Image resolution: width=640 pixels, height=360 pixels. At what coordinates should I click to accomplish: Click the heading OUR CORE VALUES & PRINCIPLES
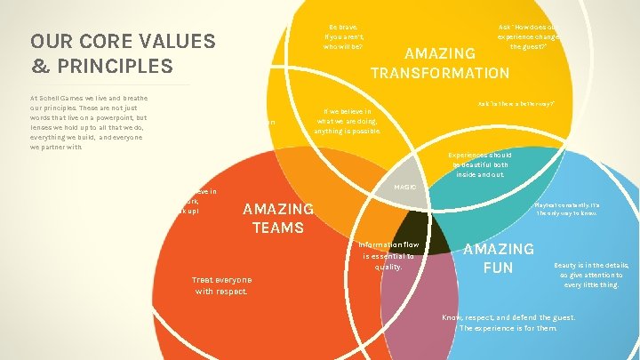[123, 53]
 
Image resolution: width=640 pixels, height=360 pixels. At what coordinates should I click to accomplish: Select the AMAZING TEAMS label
[278, 218]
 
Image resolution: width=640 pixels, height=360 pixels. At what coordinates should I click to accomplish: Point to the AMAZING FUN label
[499, 258]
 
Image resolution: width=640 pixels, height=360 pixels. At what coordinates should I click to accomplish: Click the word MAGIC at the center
[405, 187]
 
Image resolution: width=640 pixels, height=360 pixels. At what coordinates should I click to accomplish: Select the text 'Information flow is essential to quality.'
[388, 255]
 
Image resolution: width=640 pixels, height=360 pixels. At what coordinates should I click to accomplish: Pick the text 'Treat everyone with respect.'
[221, 285]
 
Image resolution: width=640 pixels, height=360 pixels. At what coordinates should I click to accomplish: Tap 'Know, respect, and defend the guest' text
[508, 322]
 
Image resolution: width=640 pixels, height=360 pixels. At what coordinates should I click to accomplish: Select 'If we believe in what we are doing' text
[347, 121]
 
